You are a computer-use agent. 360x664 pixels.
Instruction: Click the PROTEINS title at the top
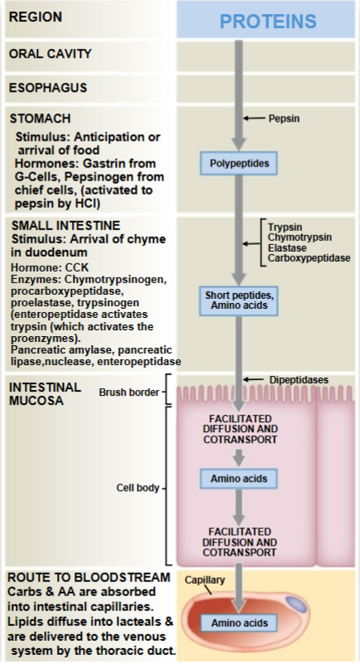point(267,21)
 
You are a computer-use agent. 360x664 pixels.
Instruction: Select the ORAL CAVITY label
point(50,55)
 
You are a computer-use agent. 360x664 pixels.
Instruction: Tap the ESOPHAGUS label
point(47,87)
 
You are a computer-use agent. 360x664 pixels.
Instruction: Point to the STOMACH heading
point(41,119)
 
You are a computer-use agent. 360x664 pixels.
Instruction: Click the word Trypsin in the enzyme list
point(286,226)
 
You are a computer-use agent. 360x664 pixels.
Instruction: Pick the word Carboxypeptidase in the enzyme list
point(309,258)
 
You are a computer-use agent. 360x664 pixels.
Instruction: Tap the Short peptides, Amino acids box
point(239,301)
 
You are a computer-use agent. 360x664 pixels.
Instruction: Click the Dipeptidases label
point(298,380)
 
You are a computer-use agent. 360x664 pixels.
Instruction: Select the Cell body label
point(137,488)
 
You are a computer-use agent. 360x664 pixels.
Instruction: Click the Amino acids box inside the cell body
point(239,478)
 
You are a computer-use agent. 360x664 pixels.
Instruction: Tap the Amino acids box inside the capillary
point(239,623)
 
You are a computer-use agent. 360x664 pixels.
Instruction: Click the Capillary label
point(204,580)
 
